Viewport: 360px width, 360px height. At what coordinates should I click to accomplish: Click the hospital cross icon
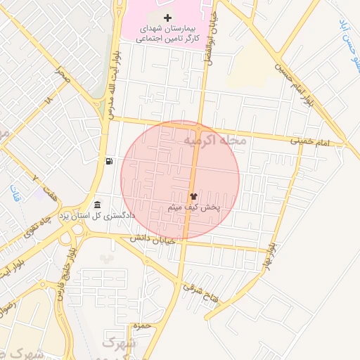pos(167,17)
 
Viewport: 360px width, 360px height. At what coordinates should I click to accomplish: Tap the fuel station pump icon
pos(109,161)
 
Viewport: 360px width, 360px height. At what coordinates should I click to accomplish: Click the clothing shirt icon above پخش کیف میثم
pos(193,197)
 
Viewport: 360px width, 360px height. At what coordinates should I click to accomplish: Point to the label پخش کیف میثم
pos(195,208)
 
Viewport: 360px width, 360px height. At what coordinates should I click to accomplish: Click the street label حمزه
pos(141,327)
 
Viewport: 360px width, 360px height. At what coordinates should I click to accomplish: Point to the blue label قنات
pos(15,192)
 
